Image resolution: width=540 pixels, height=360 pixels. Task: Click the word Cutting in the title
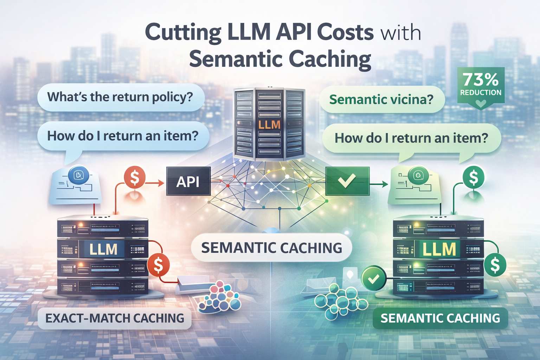183,32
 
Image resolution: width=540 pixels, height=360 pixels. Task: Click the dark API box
188,181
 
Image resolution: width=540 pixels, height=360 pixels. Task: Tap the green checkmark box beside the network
347,181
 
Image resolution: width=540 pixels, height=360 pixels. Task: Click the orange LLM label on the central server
269,124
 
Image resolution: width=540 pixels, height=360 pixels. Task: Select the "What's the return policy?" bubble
120,97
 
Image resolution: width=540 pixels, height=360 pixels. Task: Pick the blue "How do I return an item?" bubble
123,135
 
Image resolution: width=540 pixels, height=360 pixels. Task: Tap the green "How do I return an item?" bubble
411,138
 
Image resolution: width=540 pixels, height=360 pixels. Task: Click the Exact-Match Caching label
115,318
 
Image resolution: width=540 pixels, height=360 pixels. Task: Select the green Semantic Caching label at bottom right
440,318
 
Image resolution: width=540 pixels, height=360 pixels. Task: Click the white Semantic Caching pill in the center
271,248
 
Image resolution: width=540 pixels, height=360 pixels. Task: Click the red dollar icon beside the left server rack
158,265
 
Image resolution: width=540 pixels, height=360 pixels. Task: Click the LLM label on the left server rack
103,249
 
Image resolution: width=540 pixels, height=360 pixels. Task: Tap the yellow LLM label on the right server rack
439,249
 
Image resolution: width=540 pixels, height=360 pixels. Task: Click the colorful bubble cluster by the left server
221,297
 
